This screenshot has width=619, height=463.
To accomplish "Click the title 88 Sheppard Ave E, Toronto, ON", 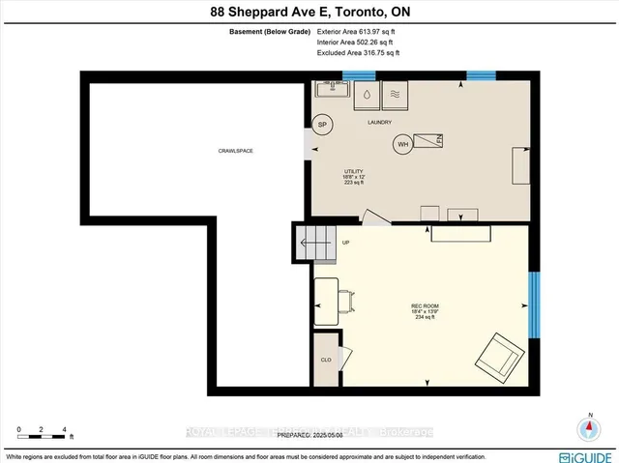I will coord(309,12).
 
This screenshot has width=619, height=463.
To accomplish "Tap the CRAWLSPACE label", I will coord(235,151).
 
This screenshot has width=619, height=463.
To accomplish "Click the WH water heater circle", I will coord(401,146).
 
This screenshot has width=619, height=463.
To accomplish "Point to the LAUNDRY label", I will coord(378,123).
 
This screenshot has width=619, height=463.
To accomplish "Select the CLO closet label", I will coord(326,360).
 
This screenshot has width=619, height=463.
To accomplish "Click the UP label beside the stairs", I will coord(344,243).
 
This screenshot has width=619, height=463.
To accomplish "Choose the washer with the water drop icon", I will coord(368,96).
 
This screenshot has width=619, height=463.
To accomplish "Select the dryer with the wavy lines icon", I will coord(397,96).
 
